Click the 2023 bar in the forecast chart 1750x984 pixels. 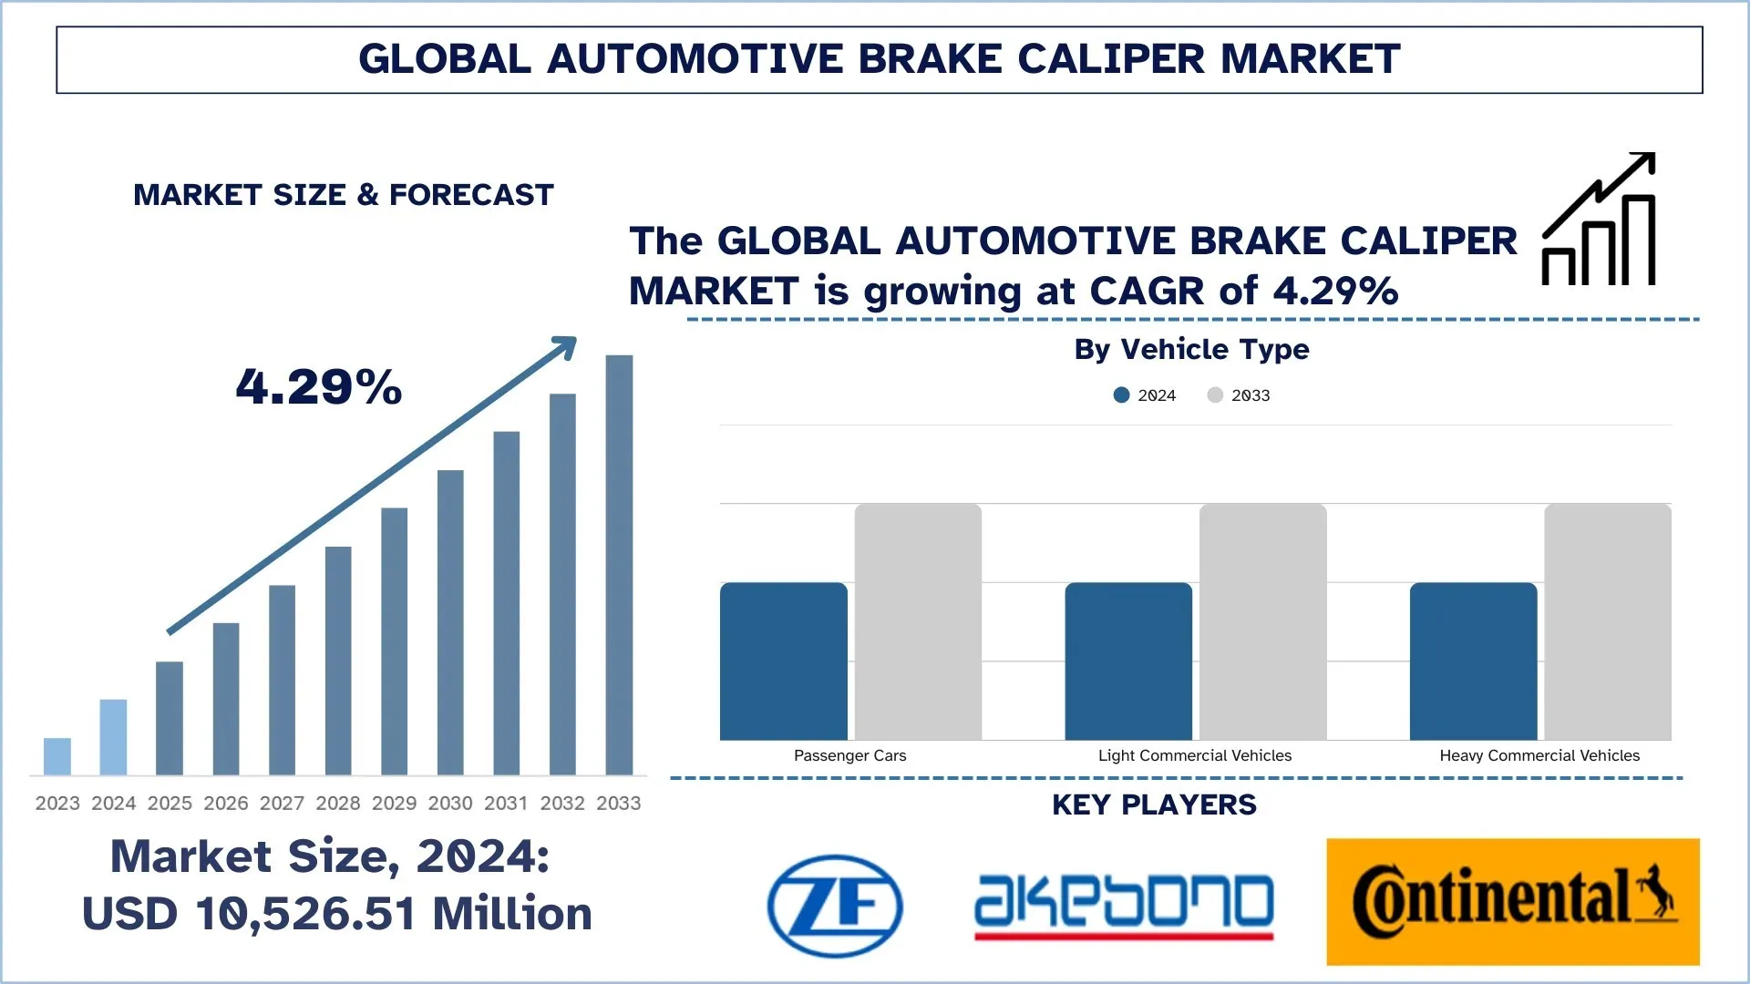coord(57,756)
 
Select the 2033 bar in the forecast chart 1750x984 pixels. coord(619,565)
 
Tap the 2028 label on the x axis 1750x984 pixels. coord(338,804)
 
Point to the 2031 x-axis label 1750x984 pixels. coord(506,804)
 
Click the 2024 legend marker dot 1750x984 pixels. coord(1122,395)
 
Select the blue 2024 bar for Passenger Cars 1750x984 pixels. coord(784,661)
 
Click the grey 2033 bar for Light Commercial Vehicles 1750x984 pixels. coord(1263,621)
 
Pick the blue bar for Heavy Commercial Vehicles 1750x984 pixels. coord(1473,661)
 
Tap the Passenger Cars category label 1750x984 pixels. coord(849,755)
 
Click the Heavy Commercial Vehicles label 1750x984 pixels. coord(1539,755)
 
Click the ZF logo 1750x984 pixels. coord(835,906)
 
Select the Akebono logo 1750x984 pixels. coord(1124,906)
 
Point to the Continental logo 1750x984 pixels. coord(1513,901)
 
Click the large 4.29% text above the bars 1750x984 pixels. coord(319,386)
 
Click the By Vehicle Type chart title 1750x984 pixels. coord(1191,349)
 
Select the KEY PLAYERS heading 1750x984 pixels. coord(1154,805)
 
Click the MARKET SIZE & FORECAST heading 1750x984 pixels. coord(344,195)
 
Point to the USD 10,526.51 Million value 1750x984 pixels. coord(337,914)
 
